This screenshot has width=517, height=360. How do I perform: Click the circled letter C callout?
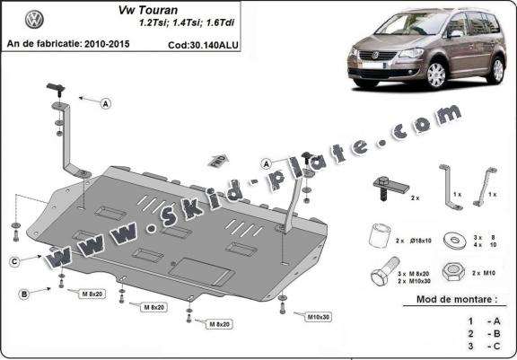pyautogui.click(x=15, y=260)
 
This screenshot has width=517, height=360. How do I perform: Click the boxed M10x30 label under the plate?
pyautogui.click(x=315, y=317)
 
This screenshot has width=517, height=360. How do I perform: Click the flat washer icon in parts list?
pyautogui.click(x=458, y=239)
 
